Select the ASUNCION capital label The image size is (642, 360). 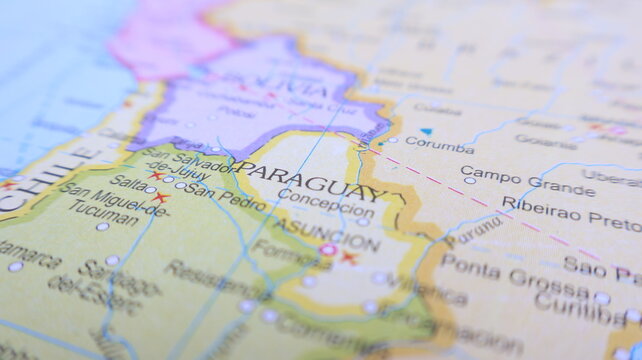(311, 229)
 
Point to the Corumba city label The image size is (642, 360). (439, 145)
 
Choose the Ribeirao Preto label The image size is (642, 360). (571, 213)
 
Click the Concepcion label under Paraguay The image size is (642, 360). (326, 201)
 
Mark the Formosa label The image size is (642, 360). (290, 255)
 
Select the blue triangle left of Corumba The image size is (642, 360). (426, 131)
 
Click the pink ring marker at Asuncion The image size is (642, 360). (328, 249)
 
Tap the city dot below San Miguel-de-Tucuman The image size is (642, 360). (102, 227)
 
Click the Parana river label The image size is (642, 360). (474, 229)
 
